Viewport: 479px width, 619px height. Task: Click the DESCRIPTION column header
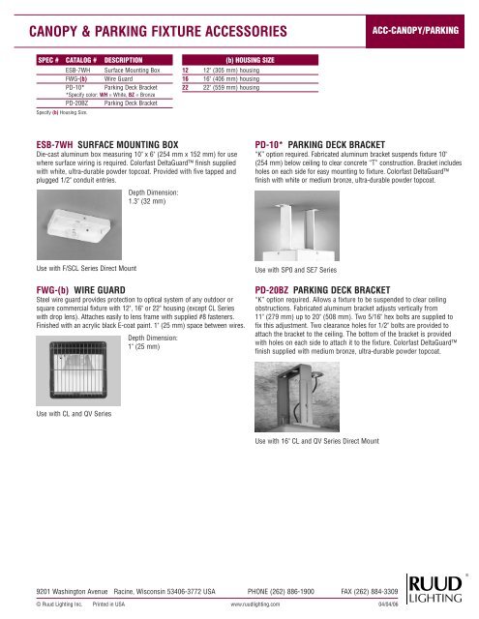coord(131,59)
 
